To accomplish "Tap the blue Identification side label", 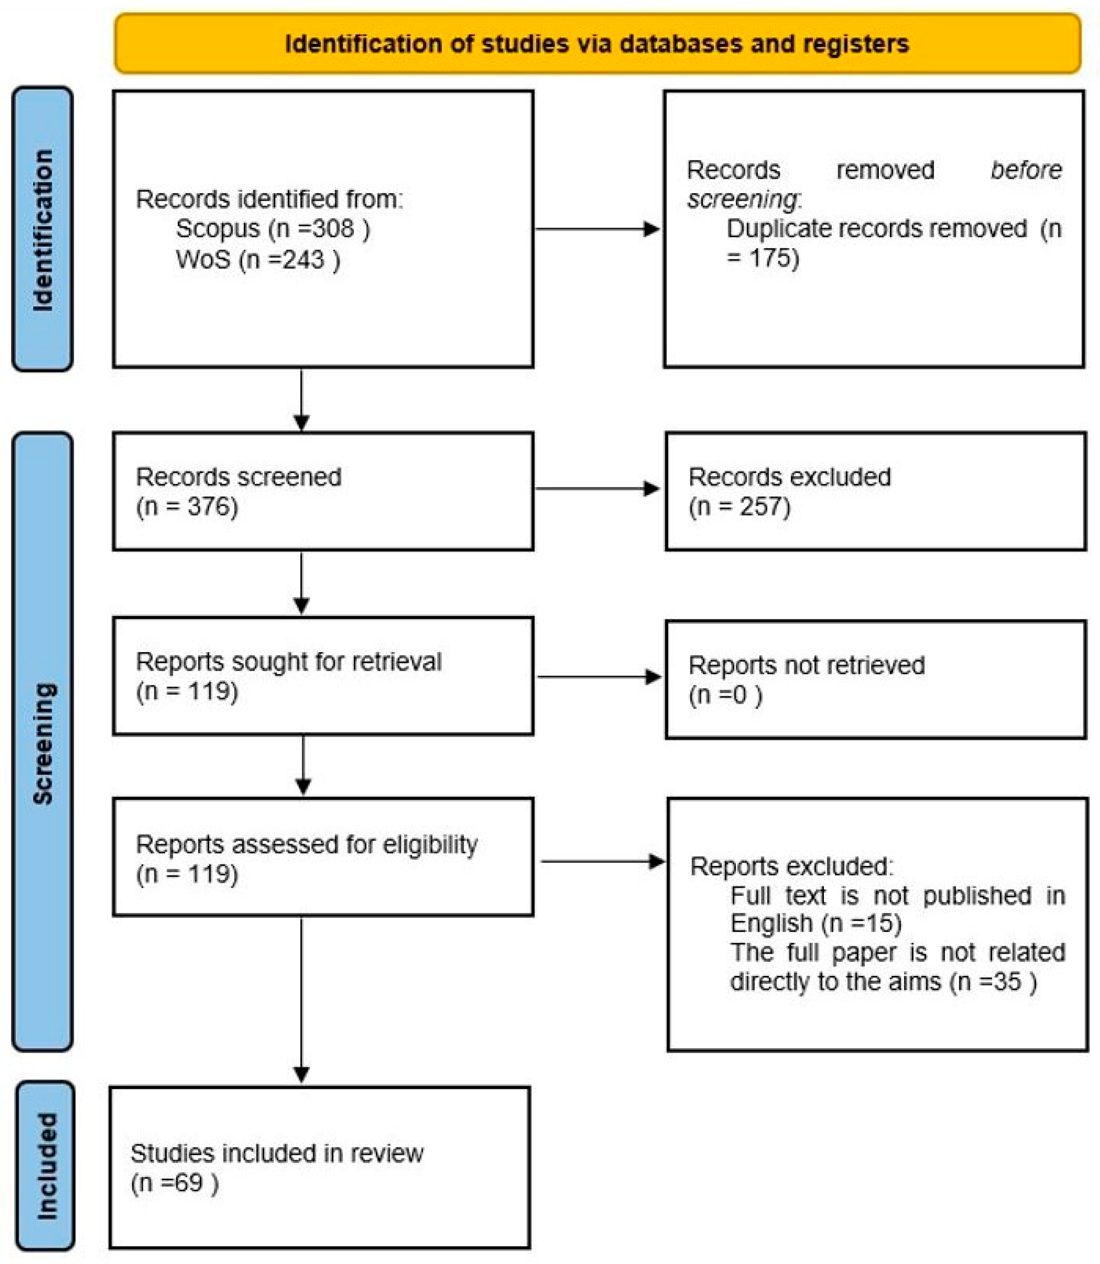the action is click(x=42, y=229).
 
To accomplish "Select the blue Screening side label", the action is click(x=42, y=742).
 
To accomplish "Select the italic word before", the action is click(x=1026, y=170).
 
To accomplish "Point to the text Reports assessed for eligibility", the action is click(x=306, y=844).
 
